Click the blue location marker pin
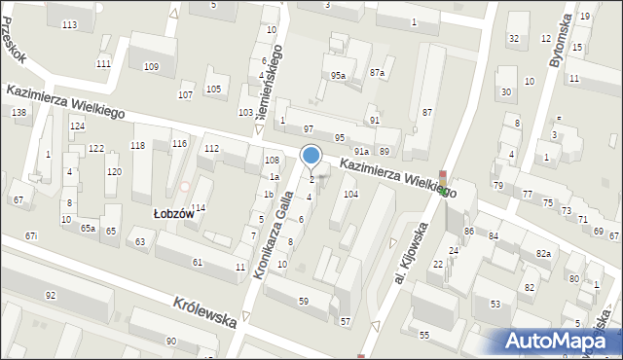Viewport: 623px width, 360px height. [x=311, y=156]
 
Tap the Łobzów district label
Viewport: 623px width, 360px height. [x=175, y=214]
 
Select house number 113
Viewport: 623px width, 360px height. [x=69, y=24]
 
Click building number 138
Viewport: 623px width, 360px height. [x=18, y=113]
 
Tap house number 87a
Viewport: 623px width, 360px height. [x=377, y=73]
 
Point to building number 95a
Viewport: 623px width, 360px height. [x=338, y=75]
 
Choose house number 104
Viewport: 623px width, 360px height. [x=350, y=195]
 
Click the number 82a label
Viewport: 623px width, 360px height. [x=542, y=253]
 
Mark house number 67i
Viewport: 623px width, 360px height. [x=31, y=235]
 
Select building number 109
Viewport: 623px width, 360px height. [x=151, y=66]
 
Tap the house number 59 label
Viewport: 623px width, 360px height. [x=304, y=302]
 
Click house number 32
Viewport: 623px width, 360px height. [x=513, y=39]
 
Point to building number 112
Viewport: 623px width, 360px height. [x=211, y=149]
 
